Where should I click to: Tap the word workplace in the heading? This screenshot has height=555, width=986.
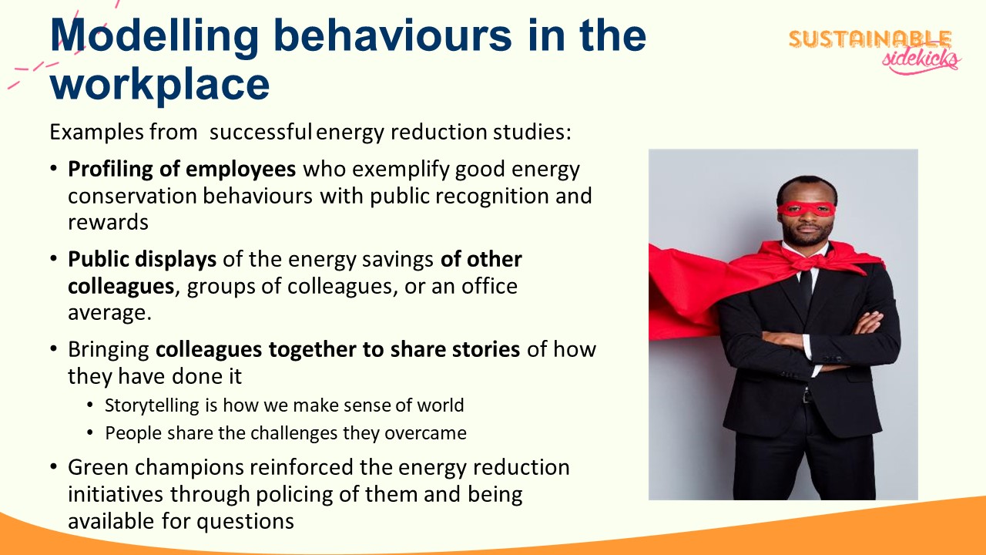159,86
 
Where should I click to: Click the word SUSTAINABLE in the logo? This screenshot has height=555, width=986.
870,39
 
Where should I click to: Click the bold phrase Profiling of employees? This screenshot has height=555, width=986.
182,170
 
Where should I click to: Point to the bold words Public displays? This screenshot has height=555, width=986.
143,260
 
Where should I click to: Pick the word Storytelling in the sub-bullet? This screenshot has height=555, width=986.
152,405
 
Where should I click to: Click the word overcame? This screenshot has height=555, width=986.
425,433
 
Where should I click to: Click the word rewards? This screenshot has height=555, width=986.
108,223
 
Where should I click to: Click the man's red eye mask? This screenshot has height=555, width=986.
806,209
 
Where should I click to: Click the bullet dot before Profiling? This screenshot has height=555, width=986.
54,168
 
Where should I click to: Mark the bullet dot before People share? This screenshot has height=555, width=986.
90,432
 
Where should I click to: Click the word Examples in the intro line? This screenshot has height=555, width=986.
96,133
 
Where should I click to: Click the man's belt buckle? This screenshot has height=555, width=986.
806,396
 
